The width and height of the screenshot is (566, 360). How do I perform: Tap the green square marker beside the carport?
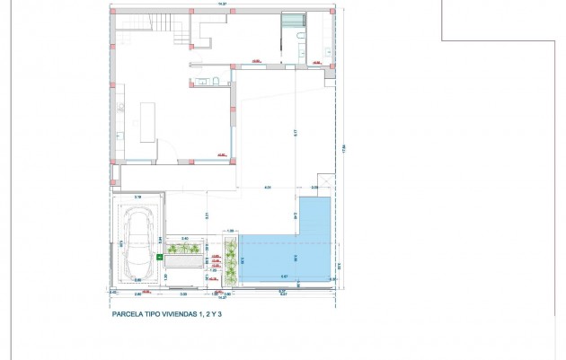coord(160,257)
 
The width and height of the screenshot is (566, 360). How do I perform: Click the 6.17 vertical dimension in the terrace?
coord(296,133)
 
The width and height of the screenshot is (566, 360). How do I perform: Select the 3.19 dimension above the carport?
coord(138,195)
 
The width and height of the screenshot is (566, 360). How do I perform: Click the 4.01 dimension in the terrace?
coord(268,187)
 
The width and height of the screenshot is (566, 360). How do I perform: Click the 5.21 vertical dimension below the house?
coord(208,215)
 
